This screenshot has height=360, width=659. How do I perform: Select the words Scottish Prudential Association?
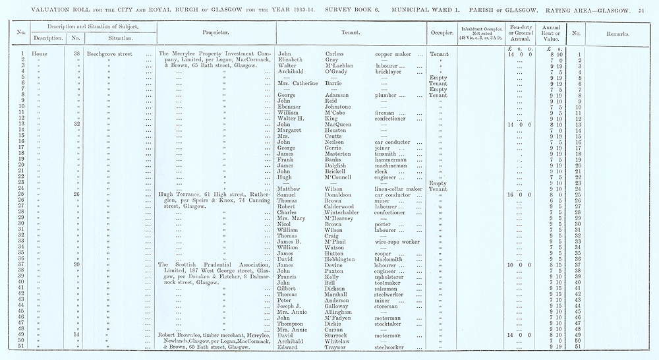click(x=217, y=264)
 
